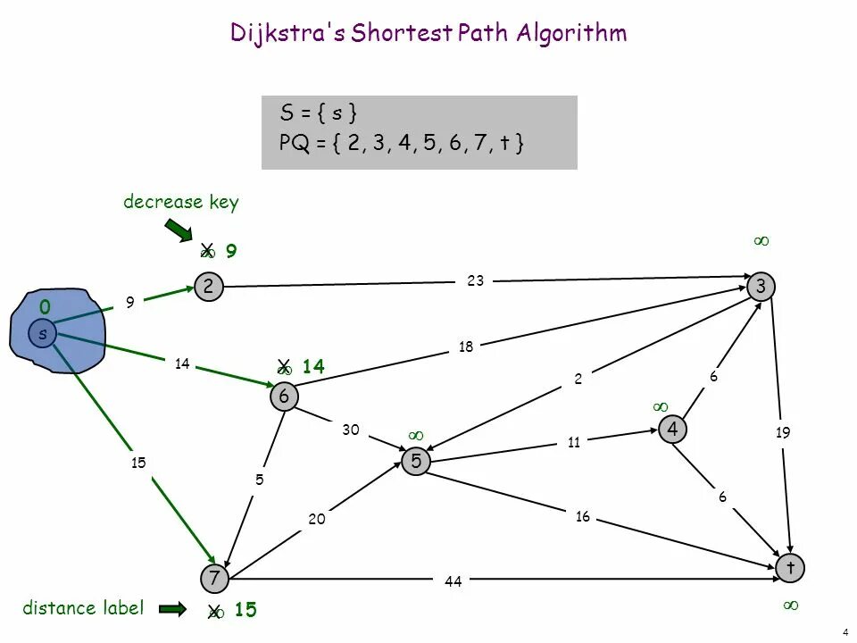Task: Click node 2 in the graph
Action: tap(208, 286)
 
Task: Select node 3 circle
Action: tap(761, 286)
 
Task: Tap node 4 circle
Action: tap(671, 430)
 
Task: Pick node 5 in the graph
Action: tap(416, 461)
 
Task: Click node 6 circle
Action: tap(284, 397)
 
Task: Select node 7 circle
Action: tap(214, 579)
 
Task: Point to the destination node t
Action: tap(790, 567)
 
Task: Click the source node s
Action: tap(41, 334)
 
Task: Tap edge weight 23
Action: tap(475, 280)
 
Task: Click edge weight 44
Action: tap(453, 581)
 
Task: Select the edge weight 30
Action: tap(350, 430)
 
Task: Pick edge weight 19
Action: tap(783, 433)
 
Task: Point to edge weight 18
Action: tap(465, 347)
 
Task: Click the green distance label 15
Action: tap(245, 611)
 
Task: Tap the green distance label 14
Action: tap(312, 366)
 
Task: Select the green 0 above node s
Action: tap(44, 307)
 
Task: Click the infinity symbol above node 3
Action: tap(761, 241)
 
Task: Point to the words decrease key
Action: tap(181, 202)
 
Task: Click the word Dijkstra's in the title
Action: tap(287, 33)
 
